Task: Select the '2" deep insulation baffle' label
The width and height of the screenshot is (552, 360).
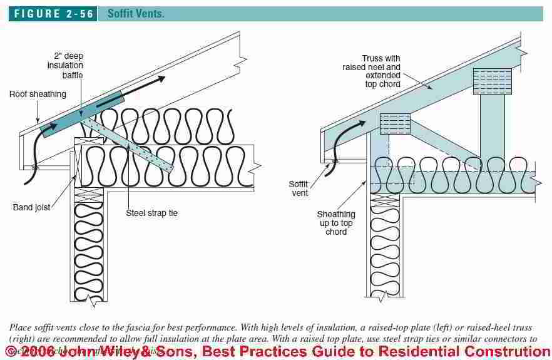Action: (x=66, y=65)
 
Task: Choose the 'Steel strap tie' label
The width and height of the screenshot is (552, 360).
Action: (x=152, y=213)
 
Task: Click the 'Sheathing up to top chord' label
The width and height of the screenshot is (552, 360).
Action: (x=335, y=223)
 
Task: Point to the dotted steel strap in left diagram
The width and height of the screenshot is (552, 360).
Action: (x=135, y=147)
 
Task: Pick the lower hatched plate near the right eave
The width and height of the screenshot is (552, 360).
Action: (x=395, y=123)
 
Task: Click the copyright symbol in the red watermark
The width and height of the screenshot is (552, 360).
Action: (x=11, y=351)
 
